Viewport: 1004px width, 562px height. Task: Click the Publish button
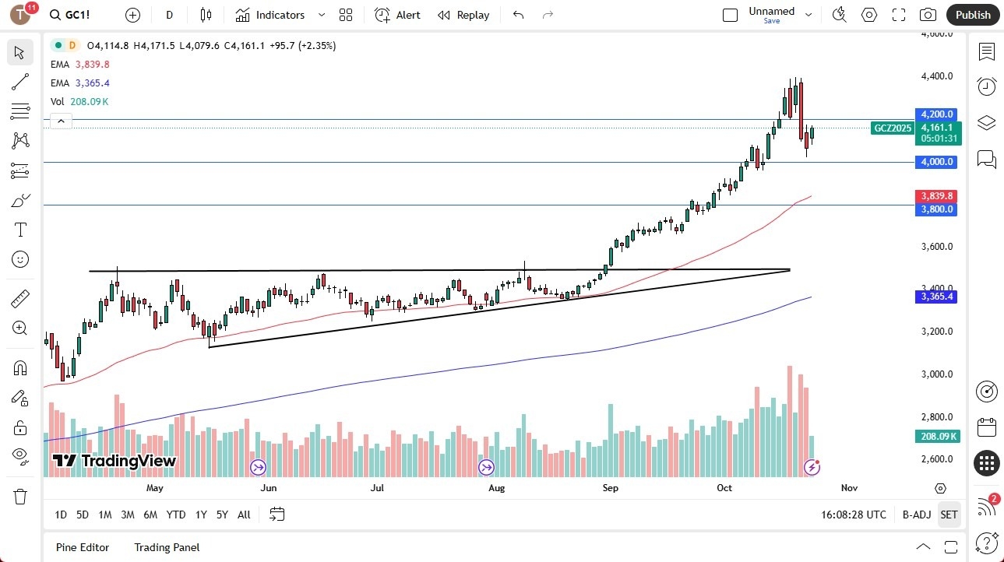pyautogui.click(x=973, y=15)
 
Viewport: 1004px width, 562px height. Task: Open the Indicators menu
pyautogui.click(x=270, y=15)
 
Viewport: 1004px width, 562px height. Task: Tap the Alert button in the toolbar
pyautogui.click(x=397, y=15)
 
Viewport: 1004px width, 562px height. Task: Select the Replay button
pyautogui.click(x=463, y=15)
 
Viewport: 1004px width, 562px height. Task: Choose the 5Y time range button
pyautogui.click(x=222, y=515)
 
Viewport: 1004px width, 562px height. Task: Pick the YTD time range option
pyautogui.click(x=176, y=515)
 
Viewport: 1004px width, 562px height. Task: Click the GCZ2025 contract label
pyautogui.click(x=893, y=128)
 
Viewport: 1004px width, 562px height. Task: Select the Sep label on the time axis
pyautogui.click(x=610, y=488)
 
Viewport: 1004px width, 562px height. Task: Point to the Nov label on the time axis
pyautogui.click(x=849, y=488)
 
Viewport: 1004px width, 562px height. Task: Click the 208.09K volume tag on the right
pyautogui.click(x=938, y=437)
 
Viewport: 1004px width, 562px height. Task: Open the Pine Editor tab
pyautogui.click(x=83, y=547)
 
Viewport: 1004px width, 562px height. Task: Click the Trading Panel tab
pyautogui.click(x=167, y=547)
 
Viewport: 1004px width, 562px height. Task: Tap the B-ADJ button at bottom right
pyautogui.click(x=917, y=515)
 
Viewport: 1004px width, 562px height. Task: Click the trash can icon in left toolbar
pyautogui.click(x=20, y=497)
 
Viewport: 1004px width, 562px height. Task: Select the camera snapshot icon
pyautogui.click(x=928, y=15)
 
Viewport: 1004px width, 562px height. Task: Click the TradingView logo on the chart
pyautogui.click(x=114, y=461)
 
